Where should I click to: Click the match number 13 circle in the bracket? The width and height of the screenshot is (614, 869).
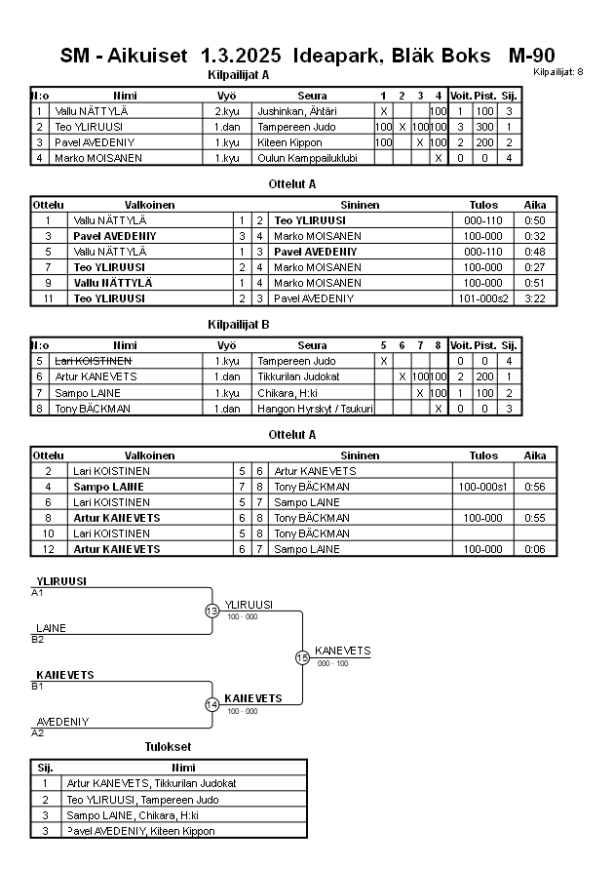211,611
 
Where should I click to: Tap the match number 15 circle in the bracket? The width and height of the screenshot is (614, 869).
302,657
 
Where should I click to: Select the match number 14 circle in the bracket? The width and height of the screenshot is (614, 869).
211,704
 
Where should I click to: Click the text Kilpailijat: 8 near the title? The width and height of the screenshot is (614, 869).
558,72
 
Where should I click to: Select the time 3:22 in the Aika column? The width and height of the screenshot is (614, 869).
535,297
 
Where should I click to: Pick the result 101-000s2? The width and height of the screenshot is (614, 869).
484,297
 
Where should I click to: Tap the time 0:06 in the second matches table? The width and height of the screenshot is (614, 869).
535,548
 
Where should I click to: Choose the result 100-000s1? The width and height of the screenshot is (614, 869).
484,486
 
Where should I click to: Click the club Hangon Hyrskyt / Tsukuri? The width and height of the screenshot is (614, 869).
313,408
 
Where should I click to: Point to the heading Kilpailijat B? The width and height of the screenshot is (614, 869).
239,324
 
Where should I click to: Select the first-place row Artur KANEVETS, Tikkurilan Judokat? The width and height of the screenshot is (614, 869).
151,783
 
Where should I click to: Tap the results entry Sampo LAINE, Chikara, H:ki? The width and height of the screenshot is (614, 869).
133,814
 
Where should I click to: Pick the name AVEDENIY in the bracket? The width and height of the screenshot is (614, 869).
62,722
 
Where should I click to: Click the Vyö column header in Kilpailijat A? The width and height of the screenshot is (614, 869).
226,96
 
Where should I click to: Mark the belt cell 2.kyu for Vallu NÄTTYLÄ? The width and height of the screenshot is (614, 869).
226,111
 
